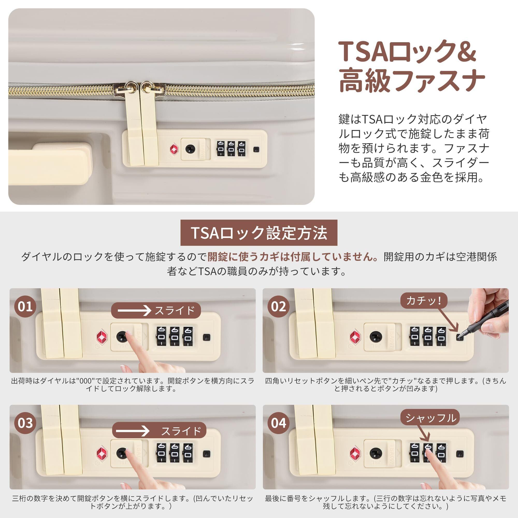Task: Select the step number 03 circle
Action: pyautogui.click(x=25, y=423)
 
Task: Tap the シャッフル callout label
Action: pyautogui.click(x=430, y=417)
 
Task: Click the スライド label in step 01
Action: pyautogui.click(x=175, y=311)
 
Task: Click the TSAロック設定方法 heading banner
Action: pyautogui.click(x=259, y=233)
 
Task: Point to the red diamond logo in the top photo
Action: pyautogui.click(x=174, y=149)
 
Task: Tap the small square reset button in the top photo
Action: pyautogui.click(x=257, y=149)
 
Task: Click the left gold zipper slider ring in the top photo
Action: pyautogui.click(x=130, y=87)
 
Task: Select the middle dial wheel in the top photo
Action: pyautogui.click(x=231, y=148)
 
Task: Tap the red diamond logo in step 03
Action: pyautogui.click(x=102, y=453)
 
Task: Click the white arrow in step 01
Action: pyautogui.click(x=135, y=311)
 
